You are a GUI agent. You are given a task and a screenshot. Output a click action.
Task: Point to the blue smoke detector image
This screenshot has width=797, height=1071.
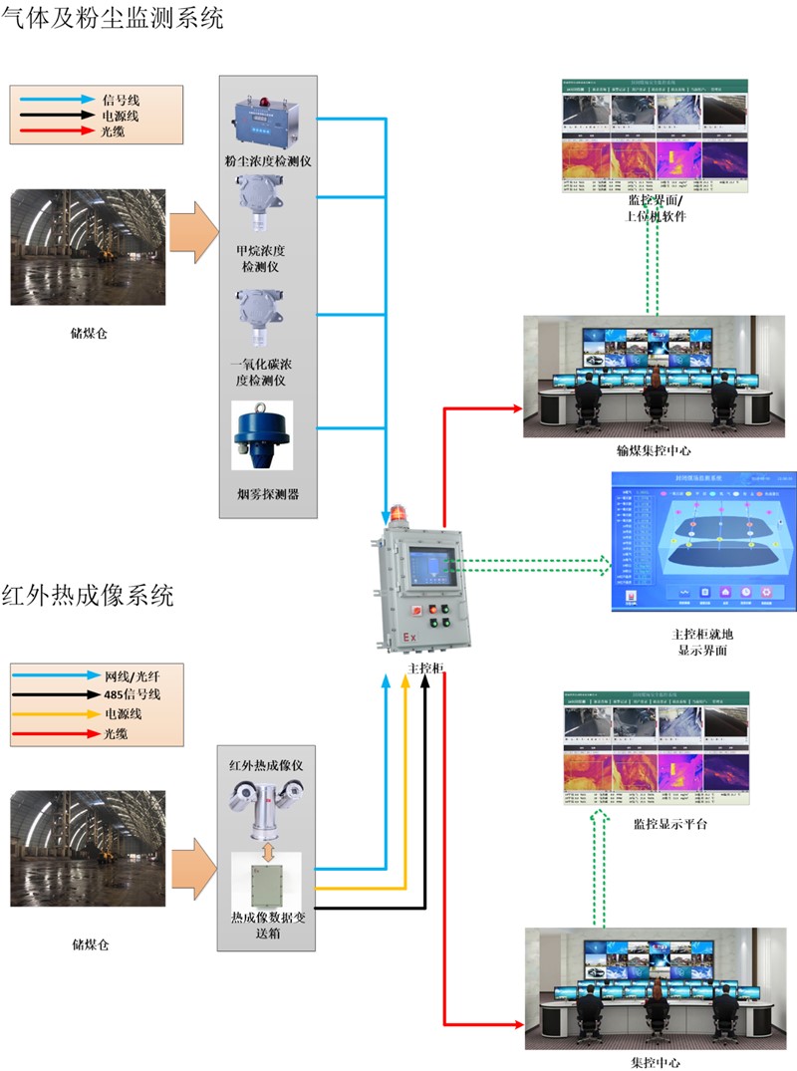tap(261, 435)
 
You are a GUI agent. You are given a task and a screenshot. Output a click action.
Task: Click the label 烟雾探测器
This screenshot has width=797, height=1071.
tap(266, 493)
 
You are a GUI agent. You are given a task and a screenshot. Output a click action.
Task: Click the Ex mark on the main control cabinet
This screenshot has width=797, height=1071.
tap(409, 635)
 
